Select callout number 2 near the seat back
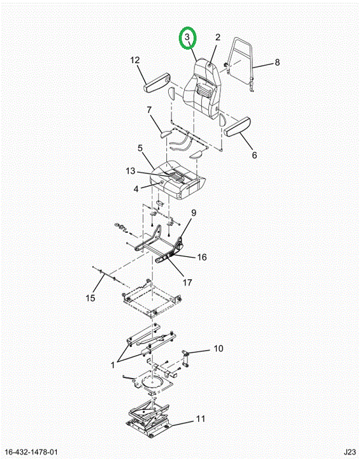point(217,37)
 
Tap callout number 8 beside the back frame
point(277,62)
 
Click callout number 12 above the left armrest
point(135,60)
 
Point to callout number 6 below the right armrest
point(254,155)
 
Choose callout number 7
point(149,110)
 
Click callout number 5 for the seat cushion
point(140,148)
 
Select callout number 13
point(131,171)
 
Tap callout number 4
point(136,189)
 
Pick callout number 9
point(194,213)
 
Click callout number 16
point(202,257)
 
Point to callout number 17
point(187,282)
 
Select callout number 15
point(90,298)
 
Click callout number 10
point(219,348)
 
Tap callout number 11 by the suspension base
point(201,419)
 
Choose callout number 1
point(113,365)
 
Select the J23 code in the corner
point(349,452)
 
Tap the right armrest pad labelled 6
point(238,126)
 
